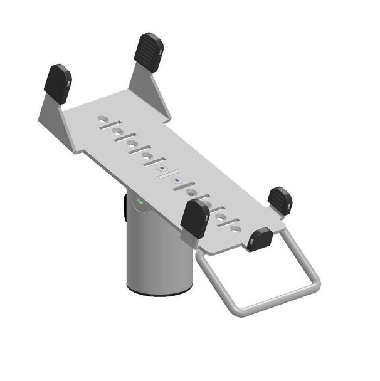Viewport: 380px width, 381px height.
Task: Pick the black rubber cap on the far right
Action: point(279,200)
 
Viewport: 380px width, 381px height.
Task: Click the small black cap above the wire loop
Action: point(259,239)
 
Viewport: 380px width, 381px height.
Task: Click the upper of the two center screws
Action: point(162,169)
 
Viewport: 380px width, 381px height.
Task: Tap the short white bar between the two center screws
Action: point(170,175)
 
